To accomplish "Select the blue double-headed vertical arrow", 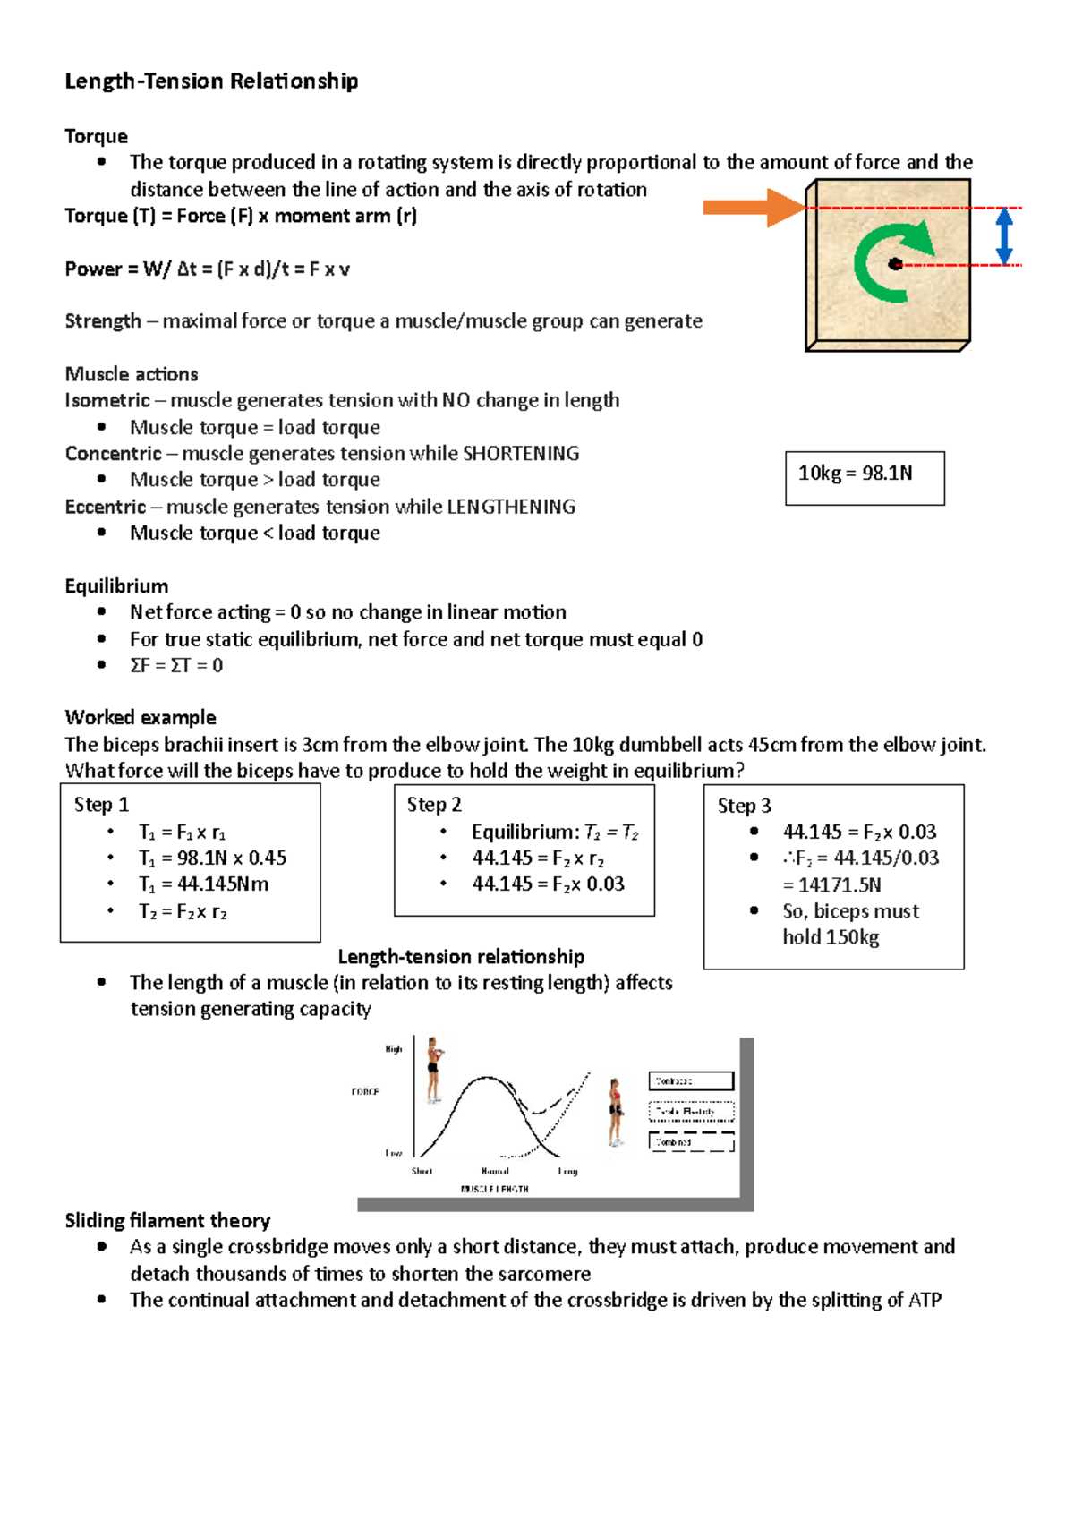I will point(1004,236).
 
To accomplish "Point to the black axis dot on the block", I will point(894,264).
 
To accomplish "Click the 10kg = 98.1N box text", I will point(855,473).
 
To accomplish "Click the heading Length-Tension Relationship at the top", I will point(211,81).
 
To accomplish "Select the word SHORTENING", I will point(521,453).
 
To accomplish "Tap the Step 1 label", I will point(101,804).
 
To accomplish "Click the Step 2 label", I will point(434,804).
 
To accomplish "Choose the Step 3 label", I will point(744,806).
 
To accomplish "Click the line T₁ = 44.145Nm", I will point(203,884).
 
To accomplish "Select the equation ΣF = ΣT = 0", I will point(176,665).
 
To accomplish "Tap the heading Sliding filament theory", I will point(167,1220).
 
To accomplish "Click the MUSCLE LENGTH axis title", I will point(494,1189).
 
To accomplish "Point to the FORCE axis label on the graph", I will point(365,1091).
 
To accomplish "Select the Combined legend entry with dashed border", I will point(691,1142).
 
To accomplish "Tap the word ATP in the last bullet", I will point(925,1300).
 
